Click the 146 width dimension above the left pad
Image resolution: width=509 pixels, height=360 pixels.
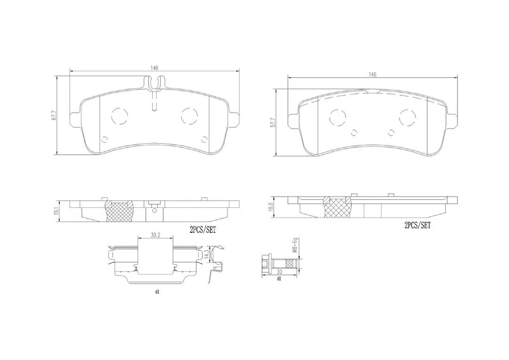[154, 68]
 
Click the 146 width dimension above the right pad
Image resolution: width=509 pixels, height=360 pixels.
[373, 75]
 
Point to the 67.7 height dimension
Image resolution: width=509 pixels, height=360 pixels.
[54, 116]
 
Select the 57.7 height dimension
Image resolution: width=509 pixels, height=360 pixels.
[273, 123]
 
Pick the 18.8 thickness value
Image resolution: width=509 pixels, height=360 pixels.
[270, 206]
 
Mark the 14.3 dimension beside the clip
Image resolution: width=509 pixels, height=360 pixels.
[214, 254]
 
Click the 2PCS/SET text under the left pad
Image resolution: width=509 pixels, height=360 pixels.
[203, 230]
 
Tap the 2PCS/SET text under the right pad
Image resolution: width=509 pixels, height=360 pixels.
[417, 225]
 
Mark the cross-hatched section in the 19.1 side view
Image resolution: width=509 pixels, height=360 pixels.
[120, 210]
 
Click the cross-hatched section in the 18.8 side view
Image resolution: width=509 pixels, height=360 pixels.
[337, 208]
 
